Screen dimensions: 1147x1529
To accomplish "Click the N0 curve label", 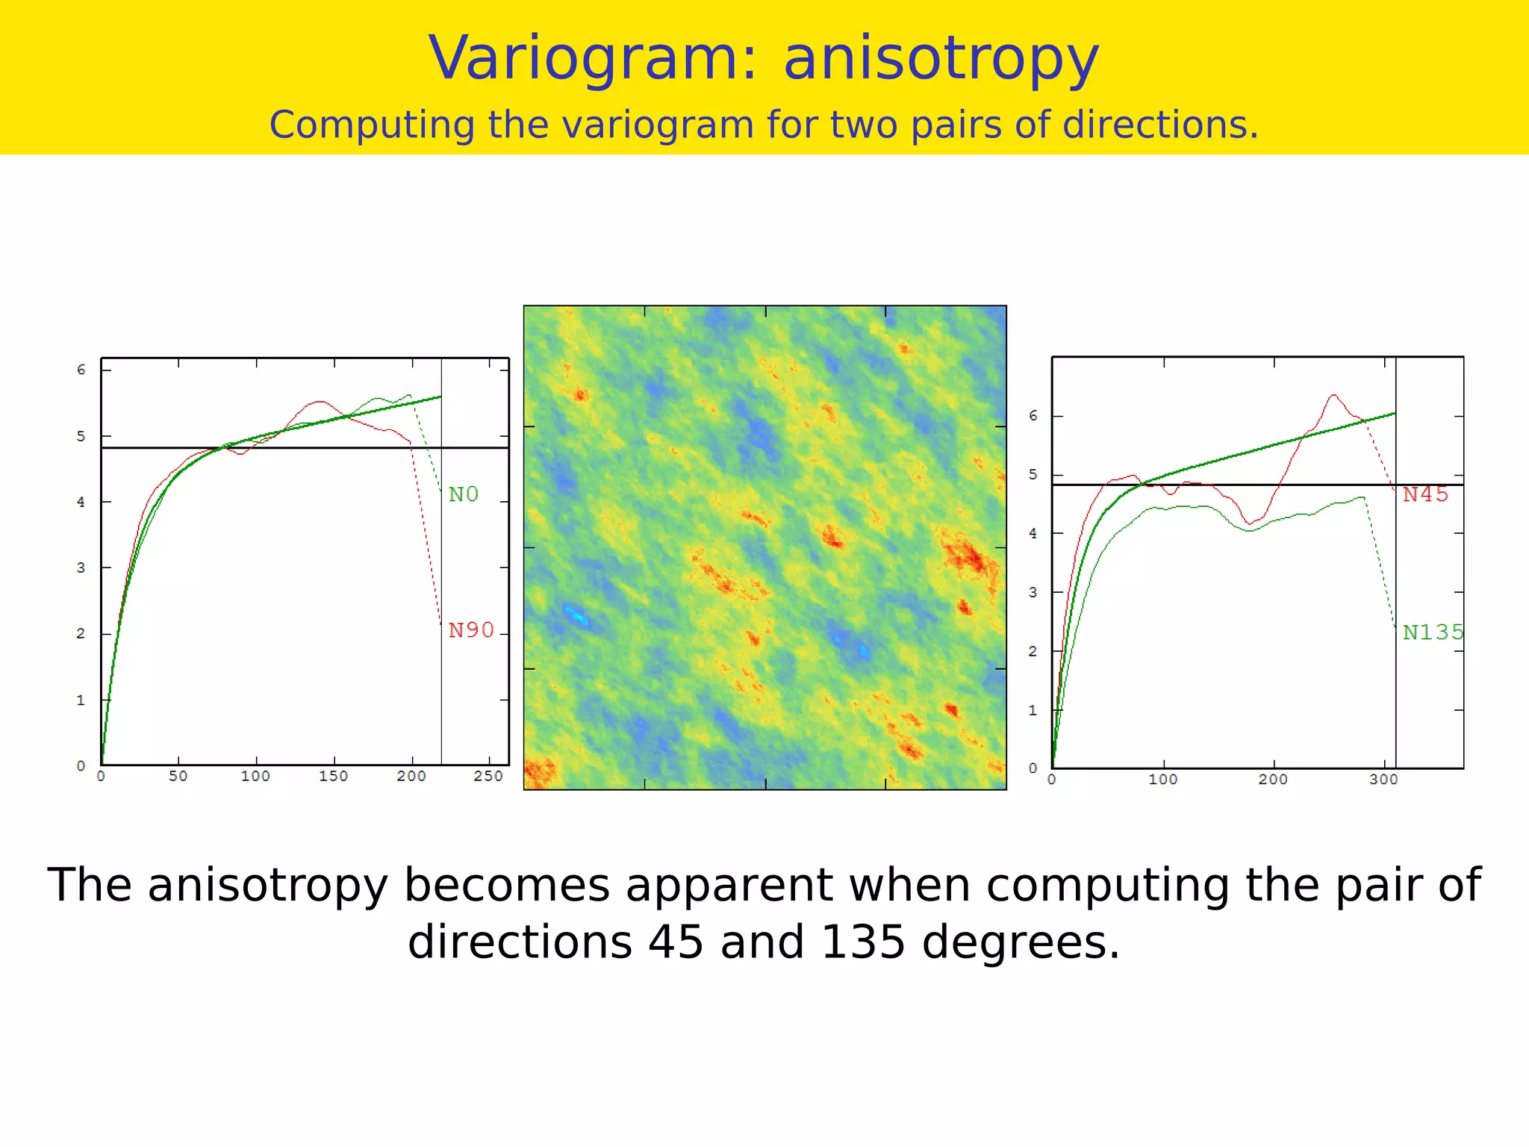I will tap(463, 494).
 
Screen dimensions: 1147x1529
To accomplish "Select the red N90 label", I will tap(471, 630).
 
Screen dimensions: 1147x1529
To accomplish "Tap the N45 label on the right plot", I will tap(1425, 494).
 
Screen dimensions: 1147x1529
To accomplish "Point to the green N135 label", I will tap(1433, 632).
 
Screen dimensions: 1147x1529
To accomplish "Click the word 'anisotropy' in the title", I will tap(941, 58).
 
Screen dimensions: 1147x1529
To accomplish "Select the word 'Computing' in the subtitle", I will tap(372, 125).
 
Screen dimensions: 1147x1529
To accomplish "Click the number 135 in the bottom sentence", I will tap(863, 942).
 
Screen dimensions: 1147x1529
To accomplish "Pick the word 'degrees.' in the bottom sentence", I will tap(1021, 942).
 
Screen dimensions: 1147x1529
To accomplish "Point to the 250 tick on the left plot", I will tap(488, 777).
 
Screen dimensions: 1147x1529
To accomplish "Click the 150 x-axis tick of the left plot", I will tap(333, 777).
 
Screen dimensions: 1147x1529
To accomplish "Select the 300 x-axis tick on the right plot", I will tap(1383, 780).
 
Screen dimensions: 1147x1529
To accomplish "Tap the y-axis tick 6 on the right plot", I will tap(1033, 416).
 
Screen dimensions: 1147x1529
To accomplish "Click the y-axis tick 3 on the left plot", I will tap(81, 568).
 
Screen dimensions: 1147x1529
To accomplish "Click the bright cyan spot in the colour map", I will tap(576, 616).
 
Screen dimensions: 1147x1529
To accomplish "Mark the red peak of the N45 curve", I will tap(1333, 396).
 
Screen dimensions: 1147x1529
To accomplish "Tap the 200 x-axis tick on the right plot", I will tap(1273, 780).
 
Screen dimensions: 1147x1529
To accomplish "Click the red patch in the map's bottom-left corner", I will tap(539, 772).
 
